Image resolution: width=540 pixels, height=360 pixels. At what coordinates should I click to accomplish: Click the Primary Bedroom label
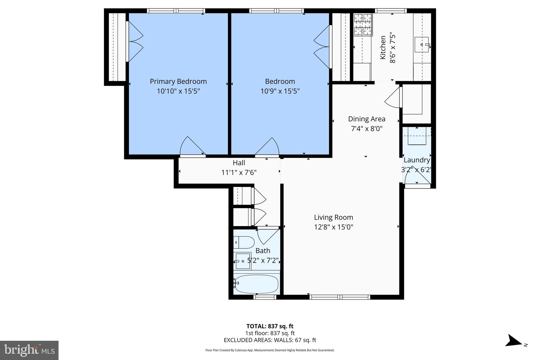coord(178,81)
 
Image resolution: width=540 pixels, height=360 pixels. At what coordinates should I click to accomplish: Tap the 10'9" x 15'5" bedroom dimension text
coord(280,91)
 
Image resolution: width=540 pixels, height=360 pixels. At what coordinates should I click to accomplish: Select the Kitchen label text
coord(383,47)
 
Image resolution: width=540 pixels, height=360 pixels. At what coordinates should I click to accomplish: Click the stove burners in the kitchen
coord(363,25)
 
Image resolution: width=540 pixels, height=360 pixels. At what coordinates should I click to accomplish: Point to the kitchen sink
coord(421,45)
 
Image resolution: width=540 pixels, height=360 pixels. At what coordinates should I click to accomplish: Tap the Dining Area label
coord(367,119)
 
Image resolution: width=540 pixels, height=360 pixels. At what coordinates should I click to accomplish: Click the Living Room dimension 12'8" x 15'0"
coord(334,227)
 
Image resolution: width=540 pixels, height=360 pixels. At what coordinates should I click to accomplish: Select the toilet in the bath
coord(244,242)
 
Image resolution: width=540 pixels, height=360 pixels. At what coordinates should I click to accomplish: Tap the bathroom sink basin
coord(243,261)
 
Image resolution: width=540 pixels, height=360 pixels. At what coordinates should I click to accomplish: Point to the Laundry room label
coord(417,160)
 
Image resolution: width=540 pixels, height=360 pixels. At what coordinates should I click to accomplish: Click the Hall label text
coord(239,163)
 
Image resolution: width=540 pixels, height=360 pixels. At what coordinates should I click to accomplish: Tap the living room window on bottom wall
coord(340,297)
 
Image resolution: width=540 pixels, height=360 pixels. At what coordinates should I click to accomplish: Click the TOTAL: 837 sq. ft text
coord(270,326)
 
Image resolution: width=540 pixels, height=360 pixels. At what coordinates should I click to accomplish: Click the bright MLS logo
coord(29,350)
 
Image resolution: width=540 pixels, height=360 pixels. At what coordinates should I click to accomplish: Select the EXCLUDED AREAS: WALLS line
coord(270,340)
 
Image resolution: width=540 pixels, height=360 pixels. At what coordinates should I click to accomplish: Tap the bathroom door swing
coord(268,236)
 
